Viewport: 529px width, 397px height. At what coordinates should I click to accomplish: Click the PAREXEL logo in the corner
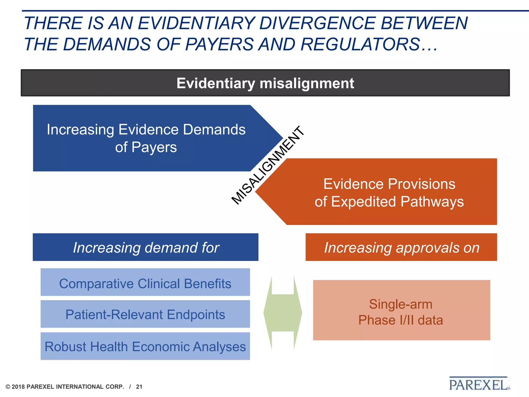click(479, 384)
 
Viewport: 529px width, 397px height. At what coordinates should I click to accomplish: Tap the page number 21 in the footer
click(139, 387)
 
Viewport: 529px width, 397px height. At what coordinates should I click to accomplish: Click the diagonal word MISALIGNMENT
click(268, 165)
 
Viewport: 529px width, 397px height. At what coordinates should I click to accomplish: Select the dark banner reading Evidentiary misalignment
click(265, 83)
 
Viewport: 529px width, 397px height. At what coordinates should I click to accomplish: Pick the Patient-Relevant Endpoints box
click(145, 314)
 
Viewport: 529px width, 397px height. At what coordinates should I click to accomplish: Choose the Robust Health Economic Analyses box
click(145, 346)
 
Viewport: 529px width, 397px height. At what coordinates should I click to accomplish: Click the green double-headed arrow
click(283, 313)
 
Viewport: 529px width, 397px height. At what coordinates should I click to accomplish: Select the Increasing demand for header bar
click(145, 247)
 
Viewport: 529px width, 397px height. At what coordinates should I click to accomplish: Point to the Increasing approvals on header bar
click(401, 247)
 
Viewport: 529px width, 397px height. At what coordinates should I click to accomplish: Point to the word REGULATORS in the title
click(360, 44)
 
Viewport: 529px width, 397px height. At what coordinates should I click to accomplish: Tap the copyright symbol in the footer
click(8, 387)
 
